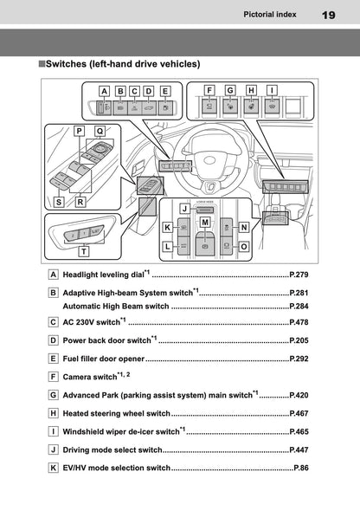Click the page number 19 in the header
329,15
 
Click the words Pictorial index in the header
271,14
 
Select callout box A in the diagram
104,90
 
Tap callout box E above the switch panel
165,90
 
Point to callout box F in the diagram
209,89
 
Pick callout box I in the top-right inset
272,89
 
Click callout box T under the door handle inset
83,252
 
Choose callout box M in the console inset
205,223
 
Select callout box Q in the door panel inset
100,131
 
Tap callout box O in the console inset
245,246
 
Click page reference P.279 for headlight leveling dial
299,275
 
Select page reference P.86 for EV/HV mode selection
301,468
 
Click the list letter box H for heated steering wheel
55,413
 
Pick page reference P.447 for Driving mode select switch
299,450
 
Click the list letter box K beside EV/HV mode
55,468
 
